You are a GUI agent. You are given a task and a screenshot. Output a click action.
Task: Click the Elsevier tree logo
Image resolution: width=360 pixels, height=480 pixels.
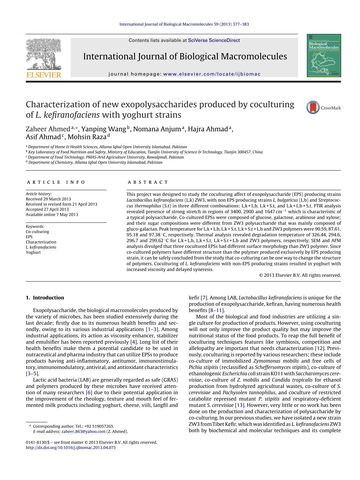click(x=44, y=55)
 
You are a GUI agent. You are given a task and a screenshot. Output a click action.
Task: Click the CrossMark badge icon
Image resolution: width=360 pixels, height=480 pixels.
click(x=313, y=108)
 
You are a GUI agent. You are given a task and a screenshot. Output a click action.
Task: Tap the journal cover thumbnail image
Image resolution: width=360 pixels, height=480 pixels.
click(x=324, y=56)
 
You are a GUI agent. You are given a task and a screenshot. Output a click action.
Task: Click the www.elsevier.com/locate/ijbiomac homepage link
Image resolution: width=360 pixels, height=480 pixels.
click(x=212, y=74)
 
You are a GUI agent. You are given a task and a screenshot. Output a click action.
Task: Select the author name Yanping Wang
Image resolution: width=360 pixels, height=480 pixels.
click(x=103, y=129)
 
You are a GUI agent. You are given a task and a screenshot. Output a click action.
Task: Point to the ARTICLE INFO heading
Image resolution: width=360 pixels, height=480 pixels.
click(x=56, y=182)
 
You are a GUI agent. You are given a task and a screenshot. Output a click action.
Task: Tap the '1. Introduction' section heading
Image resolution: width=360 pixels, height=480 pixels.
click(x=45, y=298)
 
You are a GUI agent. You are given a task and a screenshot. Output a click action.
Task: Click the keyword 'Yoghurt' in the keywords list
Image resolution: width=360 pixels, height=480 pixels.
click(x=33, y=252)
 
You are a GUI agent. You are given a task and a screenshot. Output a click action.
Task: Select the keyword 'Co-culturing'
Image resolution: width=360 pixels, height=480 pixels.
click(x=37, y=232)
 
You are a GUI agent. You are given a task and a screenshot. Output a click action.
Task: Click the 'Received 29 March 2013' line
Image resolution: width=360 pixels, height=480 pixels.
click(x=48, y=199)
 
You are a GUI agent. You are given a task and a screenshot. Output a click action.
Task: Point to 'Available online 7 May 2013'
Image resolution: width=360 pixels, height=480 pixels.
click(x=52, y=215)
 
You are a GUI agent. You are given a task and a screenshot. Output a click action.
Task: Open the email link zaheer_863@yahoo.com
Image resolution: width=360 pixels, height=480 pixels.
click(x=84, y=431)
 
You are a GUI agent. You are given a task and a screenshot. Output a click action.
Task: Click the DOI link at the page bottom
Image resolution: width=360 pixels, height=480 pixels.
click(x=70, y=448)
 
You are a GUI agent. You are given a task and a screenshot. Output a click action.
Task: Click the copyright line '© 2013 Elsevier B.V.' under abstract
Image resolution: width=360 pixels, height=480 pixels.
click(x=300, y=275)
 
